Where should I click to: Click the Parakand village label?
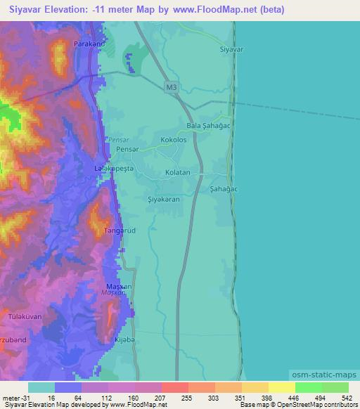tap(89, 44)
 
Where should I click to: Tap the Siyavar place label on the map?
tap(231, 50)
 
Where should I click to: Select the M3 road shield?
tap(172, 87)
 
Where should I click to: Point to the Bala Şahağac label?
tap(209, 126)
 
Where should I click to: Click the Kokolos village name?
tap(173, 140)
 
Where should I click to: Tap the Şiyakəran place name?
tap(164, 199)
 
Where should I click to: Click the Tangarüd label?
tap(117, 230)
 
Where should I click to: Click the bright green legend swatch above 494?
tap(308, 387)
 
